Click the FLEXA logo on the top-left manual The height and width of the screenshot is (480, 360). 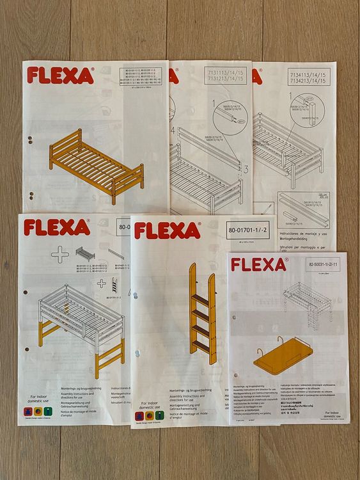click(60, 76)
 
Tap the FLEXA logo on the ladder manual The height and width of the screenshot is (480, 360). click(167, 230)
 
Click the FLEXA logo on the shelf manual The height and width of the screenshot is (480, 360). click(259, 264)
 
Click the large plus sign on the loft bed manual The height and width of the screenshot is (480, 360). click(60, 254)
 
